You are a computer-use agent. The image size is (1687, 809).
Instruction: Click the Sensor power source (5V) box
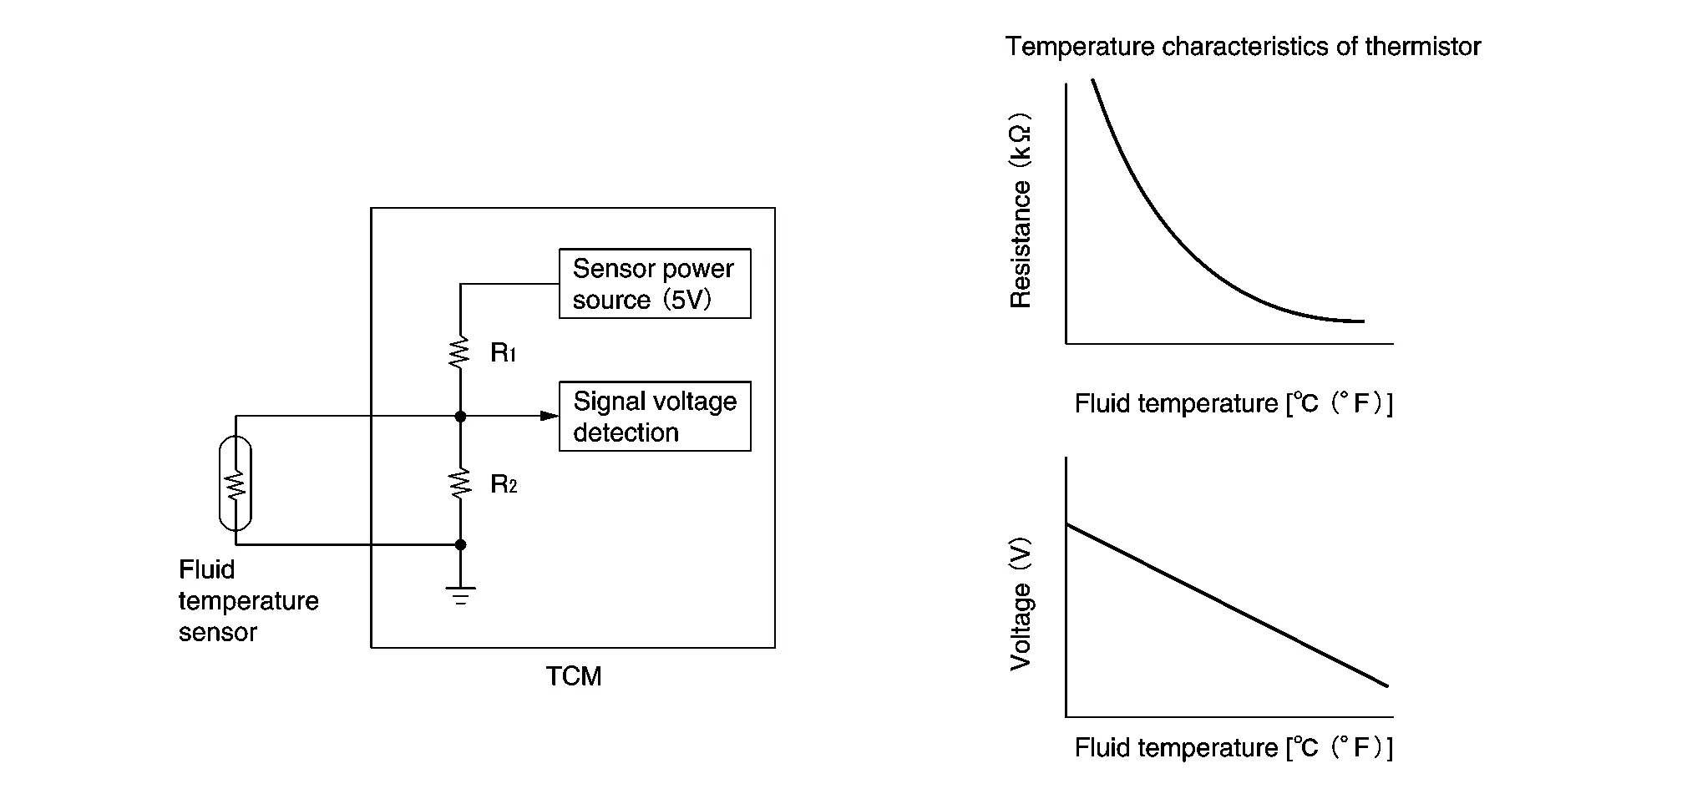(655, 284)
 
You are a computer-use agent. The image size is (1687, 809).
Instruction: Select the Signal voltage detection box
(655, 417)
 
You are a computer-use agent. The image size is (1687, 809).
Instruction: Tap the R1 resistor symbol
(460, 352)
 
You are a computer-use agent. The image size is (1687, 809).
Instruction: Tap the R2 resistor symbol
(460, 484)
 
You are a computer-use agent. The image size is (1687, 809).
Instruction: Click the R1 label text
(504, 353)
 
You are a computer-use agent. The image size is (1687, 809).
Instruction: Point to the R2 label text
(504, 484)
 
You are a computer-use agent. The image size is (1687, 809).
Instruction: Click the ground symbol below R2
(460, 596)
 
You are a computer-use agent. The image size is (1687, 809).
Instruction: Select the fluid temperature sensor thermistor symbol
(236, 483)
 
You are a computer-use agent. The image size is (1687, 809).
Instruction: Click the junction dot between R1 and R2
(460, 416)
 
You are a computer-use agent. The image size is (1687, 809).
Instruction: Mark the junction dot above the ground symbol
(460, 544)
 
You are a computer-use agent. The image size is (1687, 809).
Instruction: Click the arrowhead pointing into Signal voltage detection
(550, 416)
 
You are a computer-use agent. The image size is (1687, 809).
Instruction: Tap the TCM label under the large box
(574, 676)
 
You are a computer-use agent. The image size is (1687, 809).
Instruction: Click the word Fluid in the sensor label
(206, 570)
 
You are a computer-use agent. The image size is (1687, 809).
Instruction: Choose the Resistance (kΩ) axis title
(1021, 211)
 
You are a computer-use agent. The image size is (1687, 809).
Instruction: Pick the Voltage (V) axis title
(1021, 604)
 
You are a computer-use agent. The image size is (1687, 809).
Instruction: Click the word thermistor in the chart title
(1423, 47)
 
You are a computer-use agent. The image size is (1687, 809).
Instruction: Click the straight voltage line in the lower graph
(1228, 605)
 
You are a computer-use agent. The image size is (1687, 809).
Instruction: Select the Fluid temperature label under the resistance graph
(1234, 404)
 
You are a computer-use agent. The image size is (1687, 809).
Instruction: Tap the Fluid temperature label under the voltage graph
(1234, 748)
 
